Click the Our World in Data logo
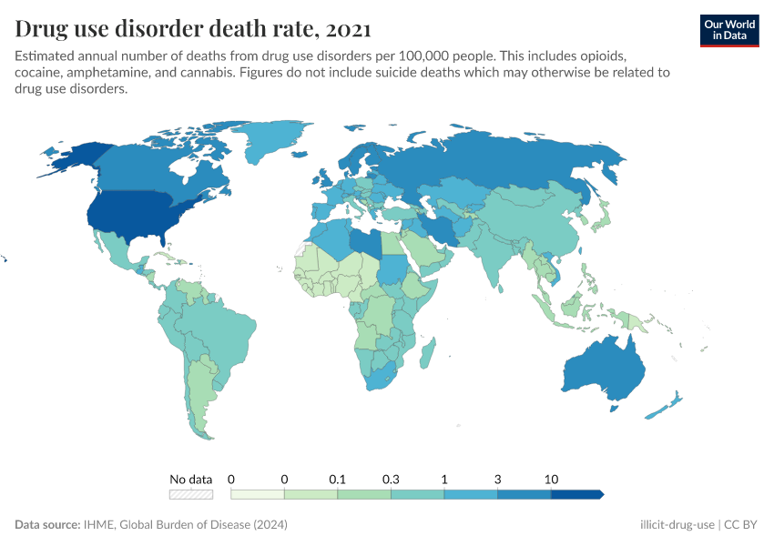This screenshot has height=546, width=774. [728, 29]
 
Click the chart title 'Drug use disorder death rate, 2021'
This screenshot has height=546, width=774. [192, 29]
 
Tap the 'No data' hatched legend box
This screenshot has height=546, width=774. [190, 494]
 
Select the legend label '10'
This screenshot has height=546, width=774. [551, 479]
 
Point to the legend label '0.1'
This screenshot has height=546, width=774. [338, 479]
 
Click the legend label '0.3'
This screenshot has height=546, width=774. [391, 479]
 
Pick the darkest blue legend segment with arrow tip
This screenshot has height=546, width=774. [577, 494]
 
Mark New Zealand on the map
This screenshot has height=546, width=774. [664, 406]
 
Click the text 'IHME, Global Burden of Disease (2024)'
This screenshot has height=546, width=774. [187, 525]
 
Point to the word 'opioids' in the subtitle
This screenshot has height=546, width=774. [596, 56]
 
